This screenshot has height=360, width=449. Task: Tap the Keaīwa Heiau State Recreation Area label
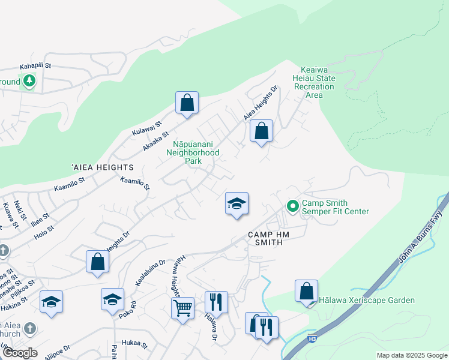pos(314,83)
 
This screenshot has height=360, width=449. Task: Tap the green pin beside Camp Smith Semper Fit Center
pos(292,206)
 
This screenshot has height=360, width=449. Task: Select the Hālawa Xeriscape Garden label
pos(367,300)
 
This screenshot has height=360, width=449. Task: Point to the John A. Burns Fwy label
pos(424,233)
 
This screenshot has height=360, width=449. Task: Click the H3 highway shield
pos(312,338)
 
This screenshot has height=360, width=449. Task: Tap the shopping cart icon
pos(183,308)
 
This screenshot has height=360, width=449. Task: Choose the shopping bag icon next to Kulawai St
pos(187,102)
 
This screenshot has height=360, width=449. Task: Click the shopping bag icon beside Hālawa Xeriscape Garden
pos(306,291)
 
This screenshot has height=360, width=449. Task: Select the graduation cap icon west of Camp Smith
pos(237,203)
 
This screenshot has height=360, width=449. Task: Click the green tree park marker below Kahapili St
pos(28,80)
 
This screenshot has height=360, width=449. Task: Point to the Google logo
pos(20,352)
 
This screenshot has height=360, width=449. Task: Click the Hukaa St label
pos(134,344)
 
